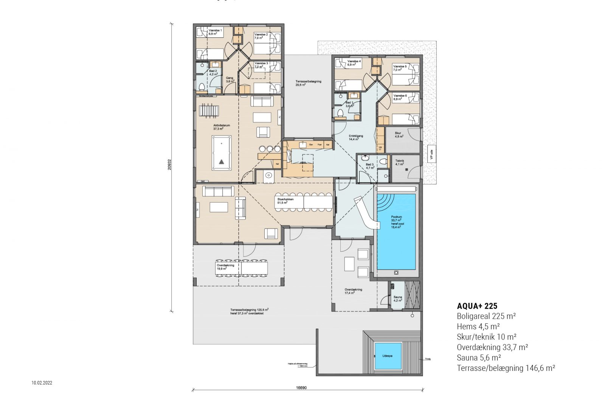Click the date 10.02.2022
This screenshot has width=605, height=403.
pos(42,383)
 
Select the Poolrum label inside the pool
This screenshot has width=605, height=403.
pos(396,217)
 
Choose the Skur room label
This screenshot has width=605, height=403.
pos(398,133)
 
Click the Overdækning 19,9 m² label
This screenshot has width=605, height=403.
pos(225,265)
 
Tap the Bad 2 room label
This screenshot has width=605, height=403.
pos(213,71)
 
